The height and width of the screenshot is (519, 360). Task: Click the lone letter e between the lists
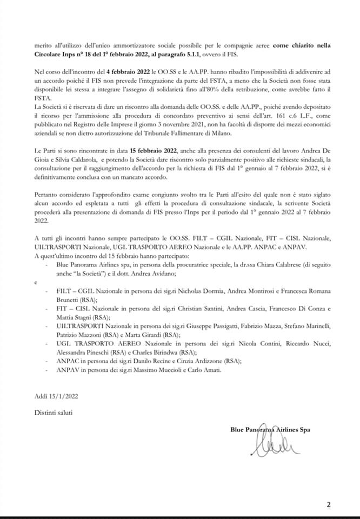35,282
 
